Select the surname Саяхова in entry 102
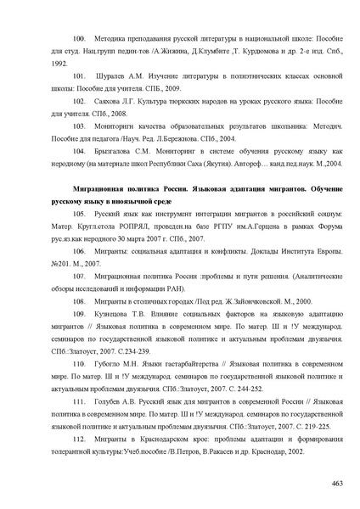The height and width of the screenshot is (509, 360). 114,101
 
